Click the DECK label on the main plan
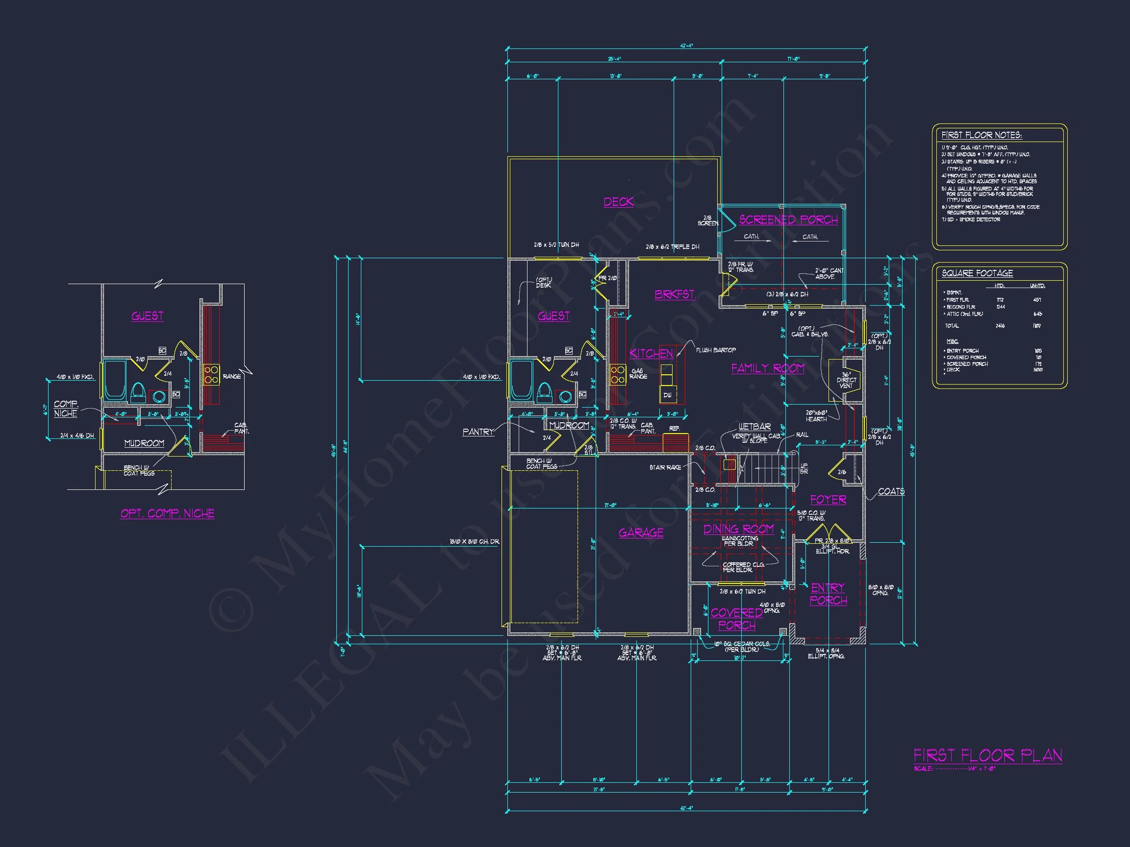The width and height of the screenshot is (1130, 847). pos(619,202)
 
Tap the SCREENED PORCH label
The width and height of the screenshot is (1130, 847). pos(788,219)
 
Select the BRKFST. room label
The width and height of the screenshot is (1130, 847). pos(676,294)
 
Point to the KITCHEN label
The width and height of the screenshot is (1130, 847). pos(651,353)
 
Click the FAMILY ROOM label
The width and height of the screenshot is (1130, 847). pos(768,368)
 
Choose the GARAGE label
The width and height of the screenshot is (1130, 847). pos(641,532)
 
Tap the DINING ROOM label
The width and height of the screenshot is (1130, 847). pos(738,529)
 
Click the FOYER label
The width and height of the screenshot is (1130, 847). pos(828,500)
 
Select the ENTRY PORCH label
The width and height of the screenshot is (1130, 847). pos(828,594)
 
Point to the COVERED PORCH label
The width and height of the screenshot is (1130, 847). pos(737,619)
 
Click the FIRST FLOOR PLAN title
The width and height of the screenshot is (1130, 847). pos(987,755)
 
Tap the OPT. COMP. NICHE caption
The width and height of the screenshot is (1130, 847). pos(168,513)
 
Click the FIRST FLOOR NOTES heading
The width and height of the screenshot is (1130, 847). pos(981,135)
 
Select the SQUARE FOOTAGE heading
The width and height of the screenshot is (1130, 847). pos(977,273)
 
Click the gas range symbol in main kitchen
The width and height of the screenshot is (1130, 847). pos(618,374)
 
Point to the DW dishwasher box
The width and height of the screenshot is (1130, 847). pos(667,395)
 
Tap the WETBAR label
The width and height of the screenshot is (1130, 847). pos(754,426)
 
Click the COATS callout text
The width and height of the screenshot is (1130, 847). pos(891,491)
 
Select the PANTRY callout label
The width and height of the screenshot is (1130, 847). pos(478,432)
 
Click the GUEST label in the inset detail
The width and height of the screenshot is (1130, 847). pos(148,316)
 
